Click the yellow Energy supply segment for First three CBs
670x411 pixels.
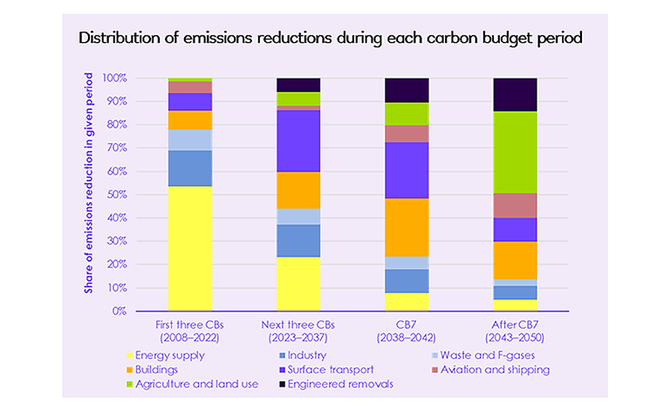190,248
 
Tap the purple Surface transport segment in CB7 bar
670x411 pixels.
407,170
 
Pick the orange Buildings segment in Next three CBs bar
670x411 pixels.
298,190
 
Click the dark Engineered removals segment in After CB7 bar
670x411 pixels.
515,94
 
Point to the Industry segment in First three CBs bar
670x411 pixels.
190,168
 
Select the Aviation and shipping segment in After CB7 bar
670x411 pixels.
515,205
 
